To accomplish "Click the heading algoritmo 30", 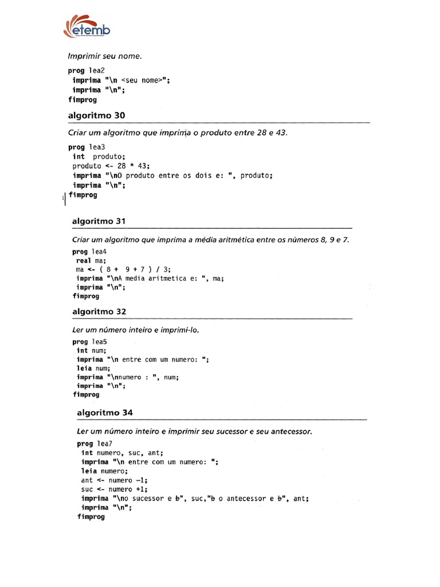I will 96,115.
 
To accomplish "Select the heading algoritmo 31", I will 100,221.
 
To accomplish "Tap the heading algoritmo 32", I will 99,311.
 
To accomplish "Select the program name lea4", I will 100,252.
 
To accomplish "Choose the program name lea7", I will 104,444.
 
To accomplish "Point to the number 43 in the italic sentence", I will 280,133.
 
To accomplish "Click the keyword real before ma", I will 84,260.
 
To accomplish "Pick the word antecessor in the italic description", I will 289,431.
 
